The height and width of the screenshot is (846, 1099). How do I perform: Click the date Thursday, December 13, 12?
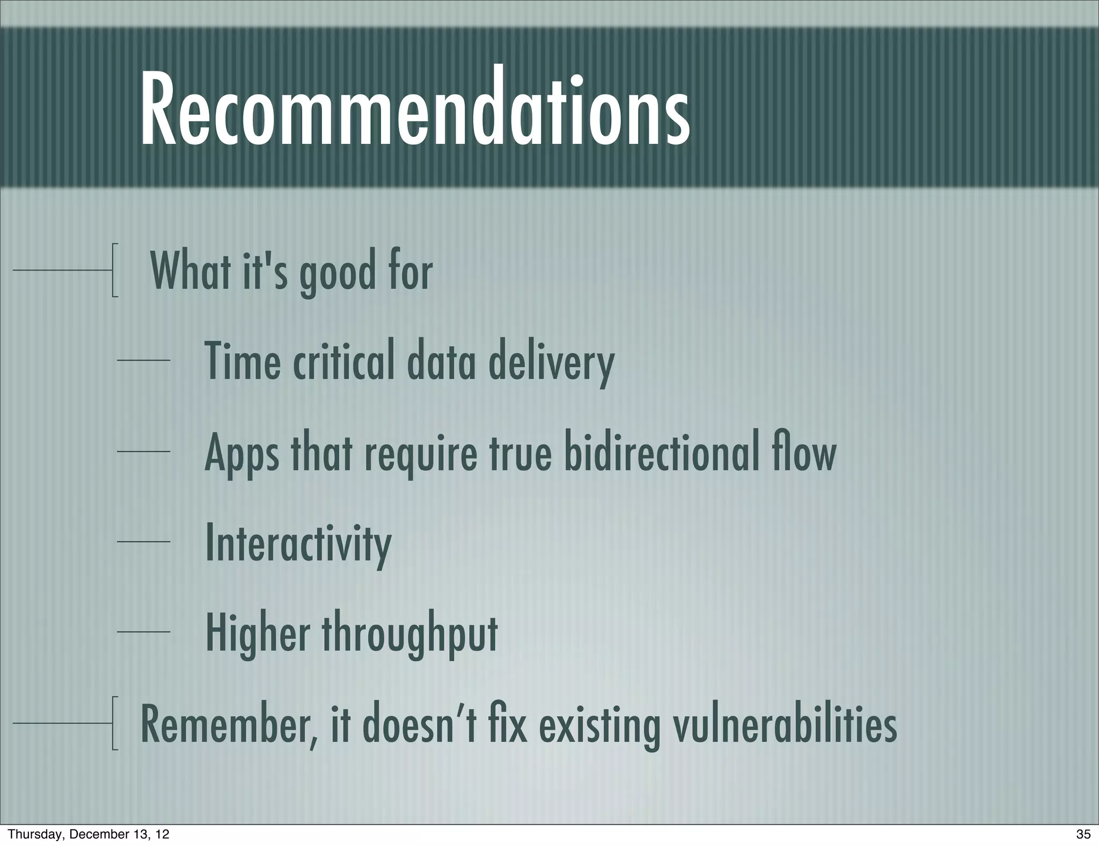tap(89, 834)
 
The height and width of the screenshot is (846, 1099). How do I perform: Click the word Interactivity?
tap(298, 543)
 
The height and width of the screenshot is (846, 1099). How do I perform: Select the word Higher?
tap(258, 633)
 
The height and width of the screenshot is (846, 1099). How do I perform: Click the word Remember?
tap(228, 725)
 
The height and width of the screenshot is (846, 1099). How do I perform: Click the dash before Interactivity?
tap(143, 542)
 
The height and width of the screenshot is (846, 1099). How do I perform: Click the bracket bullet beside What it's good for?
tap(115, 270)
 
